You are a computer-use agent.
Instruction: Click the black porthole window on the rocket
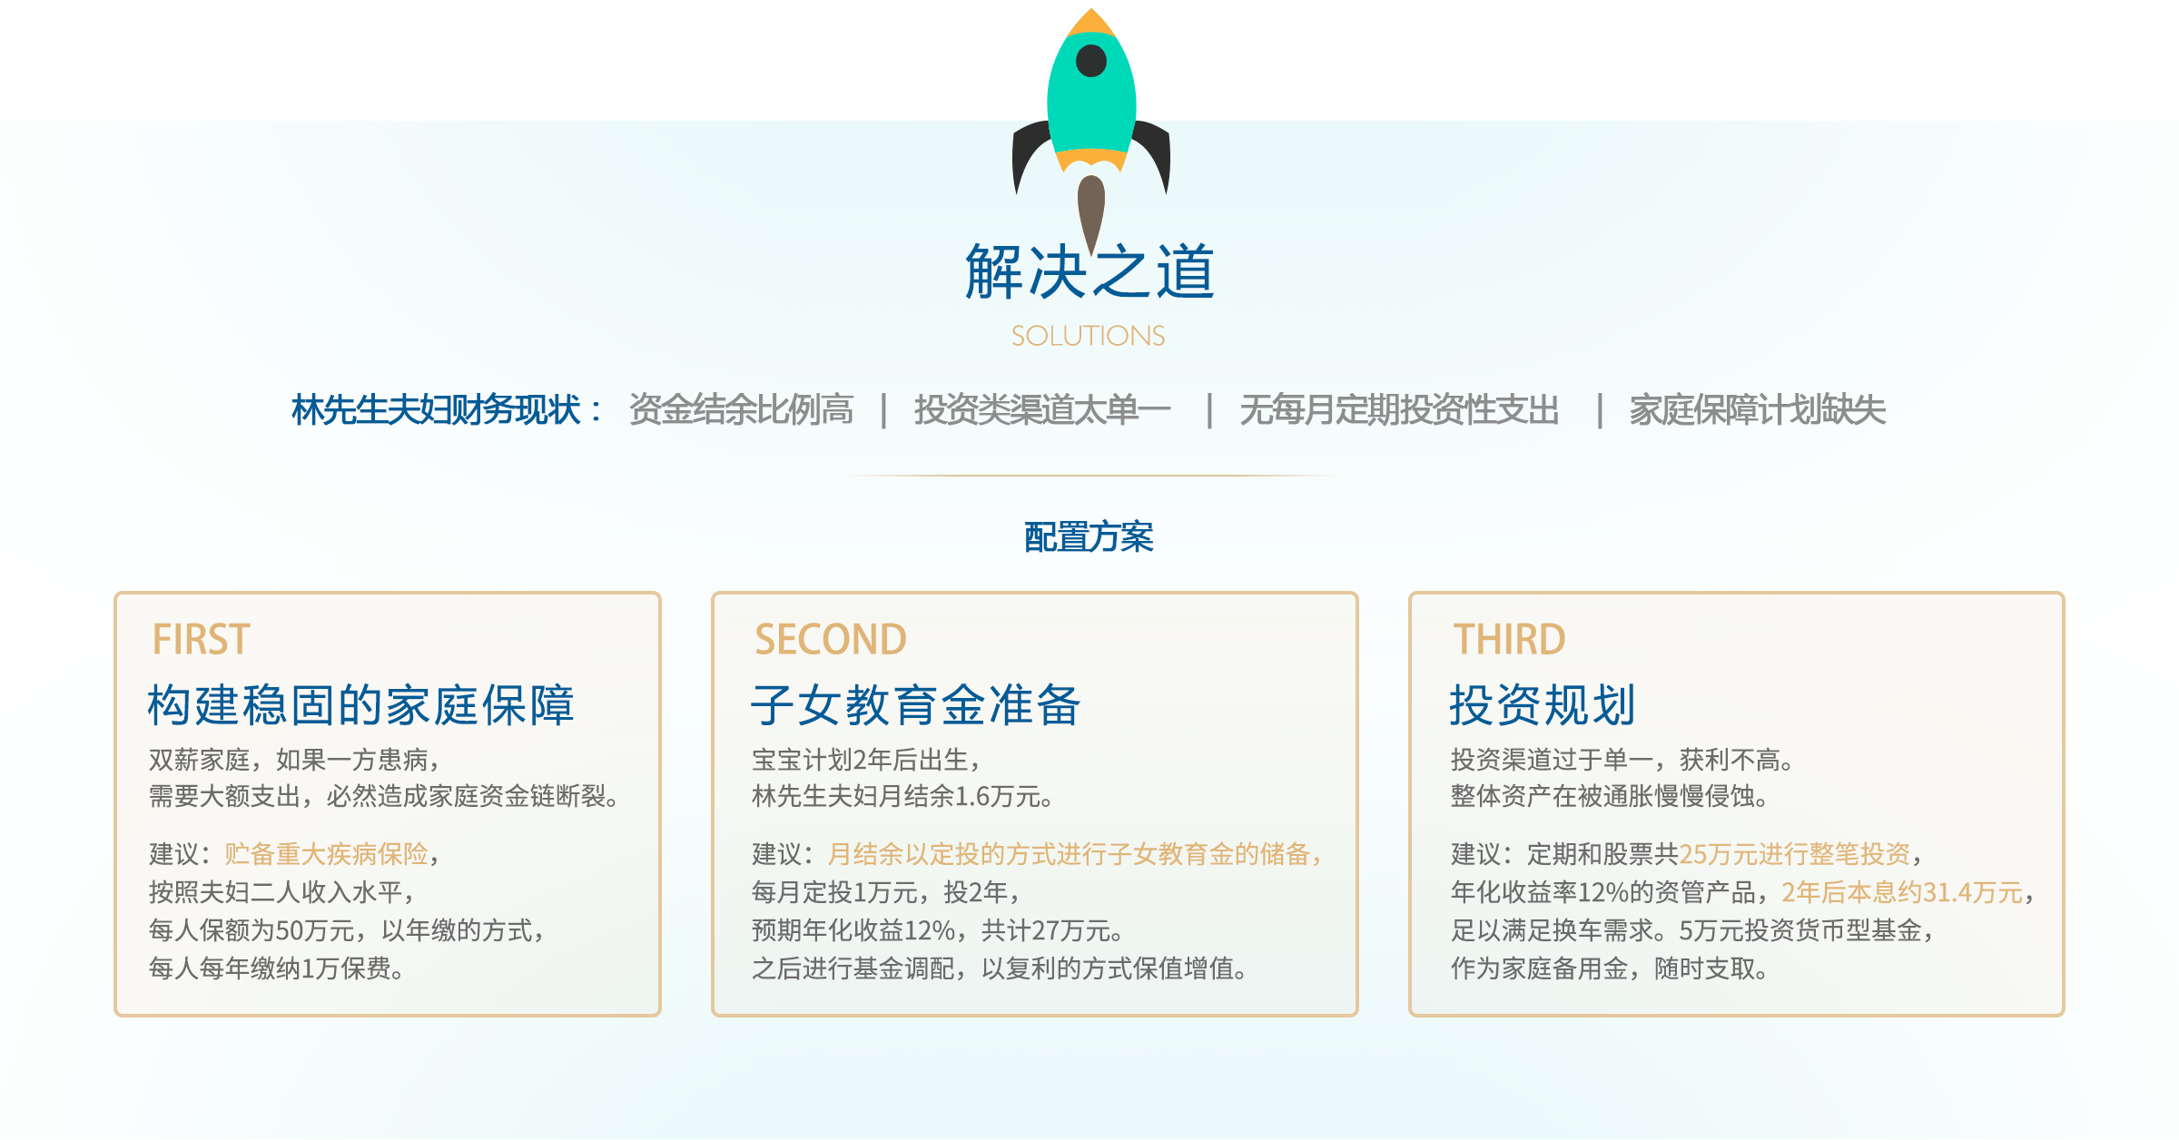[x=1090, y=61]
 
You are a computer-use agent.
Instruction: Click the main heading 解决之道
[x=1089, y=271]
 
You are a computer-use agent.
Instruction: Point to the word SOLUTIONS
[x=1089, y=336]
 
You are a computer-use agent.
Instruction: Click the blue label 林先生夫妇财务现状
[x=436, y=410]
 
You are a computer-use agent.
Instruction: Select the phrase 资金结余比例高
[x=741, y=410]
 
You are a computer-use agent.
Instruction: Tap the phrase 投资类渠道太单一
[x=1042, y=410]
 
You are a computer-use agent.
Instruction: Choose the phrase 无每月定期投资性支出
[x=1399, y=410]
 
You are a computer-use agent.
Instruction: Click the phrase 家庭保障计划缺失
[x=1757, y=410]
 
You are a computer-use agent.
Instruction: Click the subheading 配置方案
[x=1089, y=537]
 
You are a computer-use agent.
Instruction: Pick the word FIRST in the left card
[x=201, y=640]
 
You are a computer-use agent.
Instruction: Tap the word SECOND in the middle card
[x=831, y=640]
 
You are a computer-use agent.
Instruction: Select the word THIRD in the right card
[x=1509, y=640]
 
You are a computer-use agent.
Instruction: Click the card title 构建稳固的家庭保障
[x=361, y=705]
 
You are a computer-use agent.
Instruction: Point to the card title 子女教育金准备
[x=916, y=705]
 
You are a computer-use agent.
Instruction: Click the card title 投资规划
[x=1543, y=705]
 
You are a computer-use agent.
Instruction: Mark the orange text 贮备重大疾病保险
[x=326, y=854]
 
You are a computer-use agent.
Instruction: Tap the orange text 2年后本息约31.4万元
[x=1902, y=892]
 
